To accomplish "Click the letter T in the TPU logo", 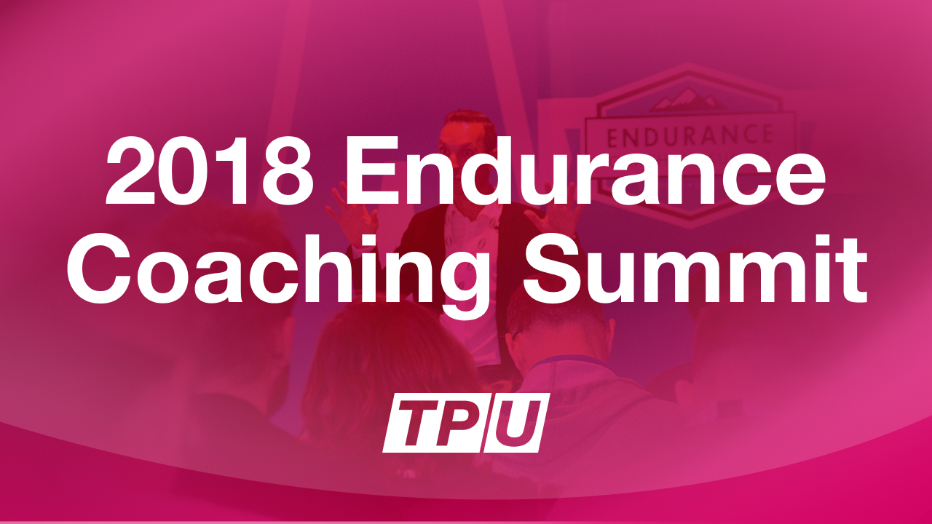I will pos(409,423).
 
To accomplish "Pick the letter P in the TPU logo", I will pos(460,423).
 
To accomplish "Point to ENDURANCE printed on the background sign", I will pos(689,135).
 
